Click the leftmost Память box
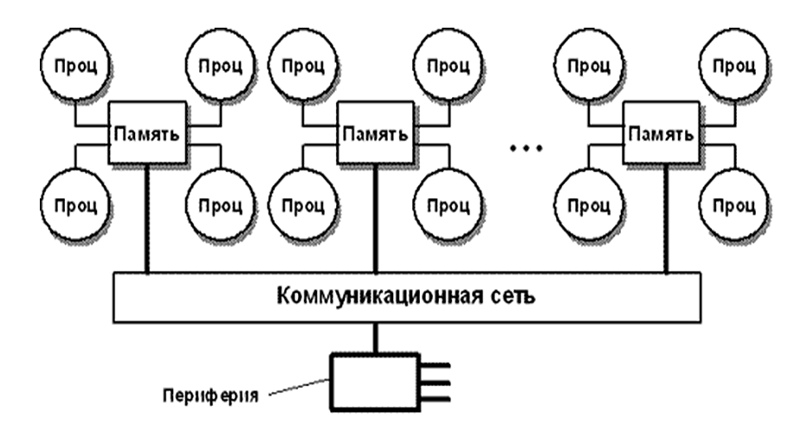coord(146,135)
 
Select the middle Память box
coord(375,135)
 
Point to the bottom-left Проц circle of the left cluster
coord(73,206)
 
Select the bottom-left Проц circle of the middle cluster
coord(302,206)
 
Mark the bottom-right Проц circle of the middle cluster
coord(448,206)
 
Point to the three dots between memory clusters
coord(525,149)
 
